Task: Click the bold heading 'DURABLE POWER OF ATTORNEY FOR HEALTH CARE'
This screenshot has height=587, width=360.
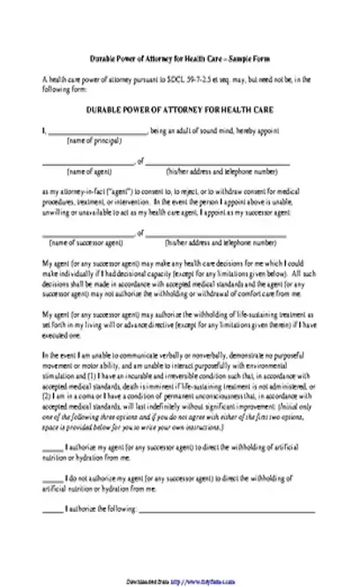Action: [179, 109]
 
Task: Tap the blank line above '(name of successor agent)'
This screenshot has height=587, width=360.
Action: [86, 233]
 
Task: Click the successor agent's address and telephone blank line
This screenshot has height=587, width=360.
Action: [215, 233]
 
